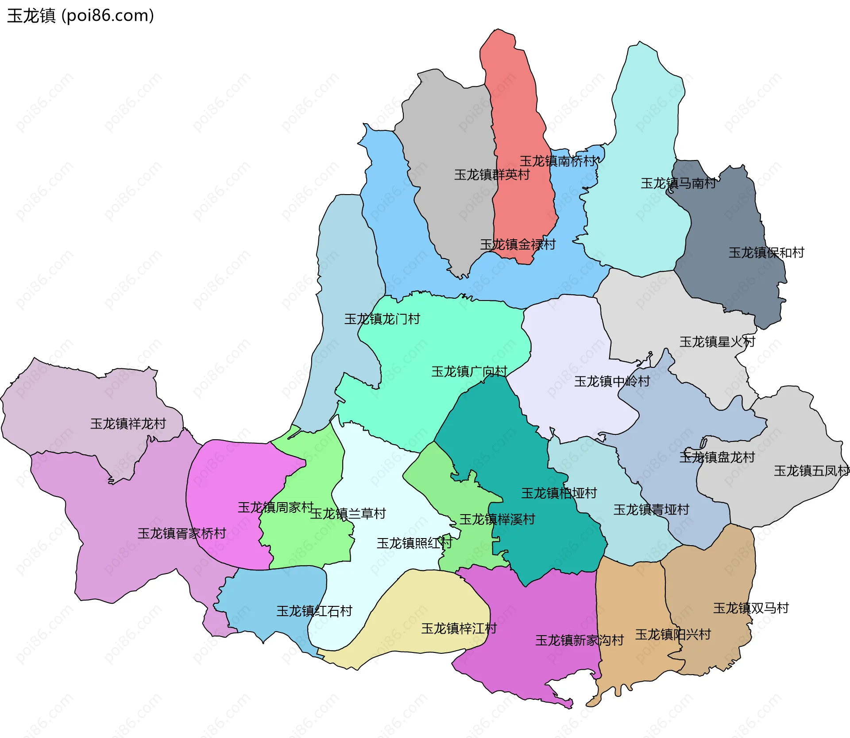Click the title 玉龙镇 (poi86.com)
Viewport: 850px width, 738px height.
pyautogui.click(x=80, y=16)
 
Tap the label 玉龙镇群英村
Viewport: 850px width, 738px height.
pyautogui.click(x=491, y=175)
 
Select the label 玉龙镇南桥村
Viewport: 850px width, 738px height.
pyautogui.click(x=557, y=161)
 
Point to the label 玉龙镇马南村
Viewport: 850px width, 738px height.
pyautogui.click(x=678, y=183)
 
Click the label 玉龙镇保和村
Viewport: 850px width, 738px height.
pyautogui.click(x=766, y=253)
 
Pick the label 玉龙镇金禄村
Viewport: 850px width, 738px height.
pyautogui.click(x=518, y=244)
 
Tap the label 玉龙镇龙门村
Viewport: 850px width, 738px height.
pyautogui.click(x=382, y=319)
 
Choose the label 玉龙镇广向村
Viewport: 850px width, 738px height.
pyautogui.click(x=469, y=371)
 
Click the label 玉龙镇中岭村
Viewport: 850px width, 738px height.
pyautogui.click(x=611, y=381)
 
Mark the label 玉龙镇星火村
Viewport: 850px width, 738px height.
pyautogui.click(x=717, y=342)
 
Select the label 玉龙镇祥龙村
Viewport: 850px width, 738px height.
pyautogui.click(x=127, y=424)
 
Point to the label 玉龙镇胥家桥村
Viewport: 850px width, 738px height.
pyautogui.click(x=182, y=533)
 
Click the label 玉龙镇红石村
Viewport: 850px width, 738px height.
pyautogui.click(x=314, y=611)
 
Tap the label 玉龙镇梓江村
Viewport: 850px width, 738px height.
pyautogui.click(x=459, y=629)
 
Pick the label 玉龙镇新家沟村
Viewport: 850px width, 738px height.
pyautogui.click(x=579, y=640)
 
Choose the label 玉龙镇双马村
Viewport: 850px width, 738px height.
pyautogui.click(x=751, y=608)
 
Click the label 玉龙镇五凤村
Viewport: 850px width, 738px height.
pyautogui.click(x=811, y=471)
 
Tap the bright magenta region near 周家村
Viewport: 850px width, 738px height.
pyautogui.click(x=230, y=479)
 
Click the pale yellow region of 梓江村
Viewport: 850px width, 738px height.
pyautogui.click(x=425, y=598)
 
